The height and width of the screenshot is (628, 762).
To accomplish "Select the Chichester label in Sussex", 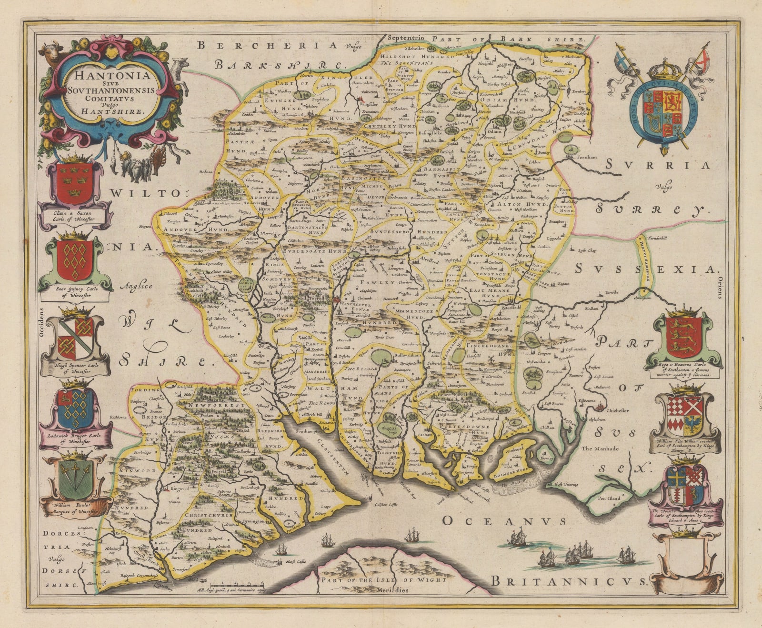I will click(618, 410).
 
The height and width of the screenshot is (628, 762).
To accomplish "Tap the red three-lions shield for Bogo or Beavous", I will click(683, 337).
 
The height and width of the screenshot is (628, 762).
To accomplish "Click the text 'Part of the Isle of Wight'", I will click(383, 580).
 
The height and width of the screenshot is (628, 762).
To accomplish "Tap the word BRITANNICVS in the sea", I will click(569, 581).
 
